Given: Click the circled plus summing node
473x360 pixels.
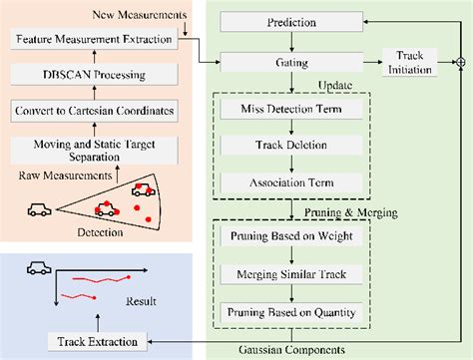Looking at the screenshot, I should pos(460,63).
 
